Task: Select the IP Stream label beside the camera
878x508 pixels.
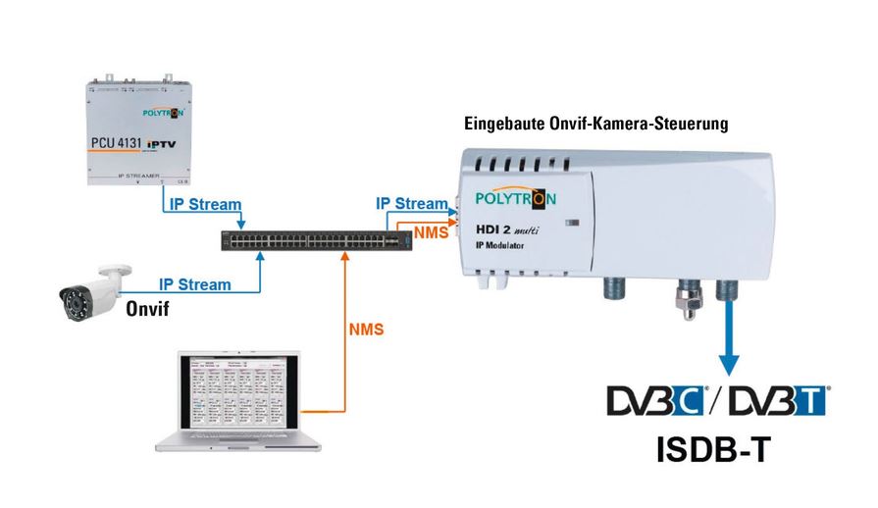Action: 195,284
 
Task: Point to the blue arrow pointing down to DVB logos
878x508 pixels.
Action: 727,342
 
